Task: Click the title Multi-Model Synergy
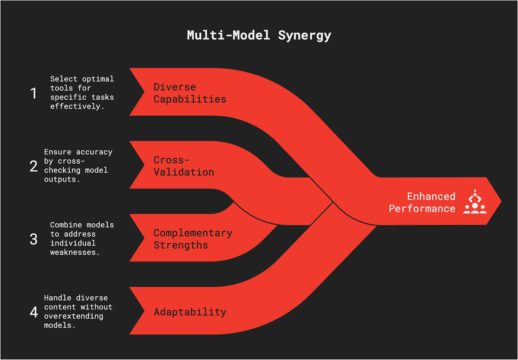[x=259, y=36]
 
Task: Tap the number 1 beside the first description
[x=34, y=93]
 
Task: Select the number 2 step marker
[x=34, y=166]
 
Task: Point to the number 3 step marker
[x=33, y=239]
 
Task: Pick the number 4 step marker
[x=34, y=312]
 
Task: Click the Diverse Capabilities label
[x=190, y=93]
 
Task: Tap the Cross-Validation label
[x=184, y=166]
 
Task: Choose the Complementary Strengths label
[x=193, y=239]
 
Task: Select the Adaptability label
[x=190, y=312]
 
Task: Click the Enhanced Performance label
[x=422, y=202]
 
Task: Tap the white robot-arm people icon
[x=475, y=202]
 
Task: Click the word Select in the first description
[x=64, y=79]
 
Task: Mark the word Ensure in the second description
[x=58, y=152]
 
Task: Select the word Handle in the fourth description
[x=58, y=298]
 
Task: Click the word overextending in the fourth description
[x=74, y=316]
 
